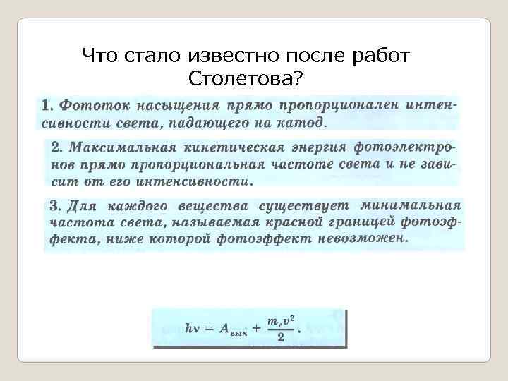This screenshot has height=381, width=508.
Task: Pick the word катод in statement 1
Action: point(303,123)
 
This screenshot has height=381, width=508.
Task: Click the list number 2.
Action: point(56,148)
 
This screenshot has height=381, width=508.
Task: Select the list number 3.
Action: point(54,207)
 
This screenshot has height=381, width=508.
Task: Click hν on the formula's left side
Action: point(192,327)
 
